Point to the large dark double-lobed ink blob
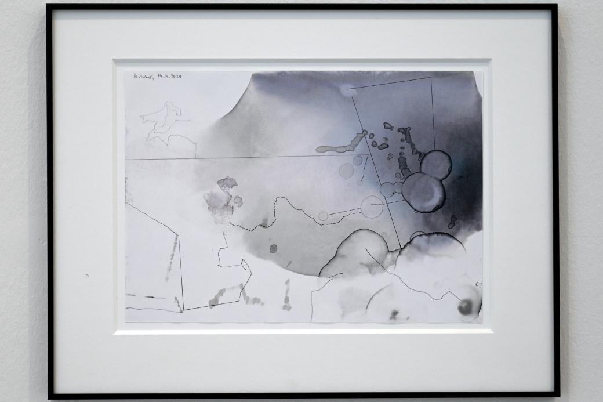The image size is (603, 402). click(x=427, y=181)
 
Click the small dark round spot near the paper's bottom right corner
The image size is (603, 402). click(x=465, y=307)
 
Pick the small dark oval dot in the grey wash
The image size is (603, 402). click(x=273, y=248)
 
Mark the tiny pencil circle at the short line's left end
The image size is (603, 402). click(x=323, y=216)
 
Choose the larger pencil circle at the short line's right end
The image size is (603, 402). click(x=372, y=207)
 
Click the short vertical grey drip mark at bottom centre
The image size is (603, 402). click(x=286, y=296)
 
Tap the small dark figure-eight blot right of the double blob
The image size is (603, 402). click(x=452, y=222)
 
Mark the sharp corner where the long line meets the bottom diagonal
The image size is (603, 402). click(x=183, y=310)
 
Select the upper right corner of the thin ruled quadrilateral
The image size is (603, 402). click(x=431, y=78)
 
